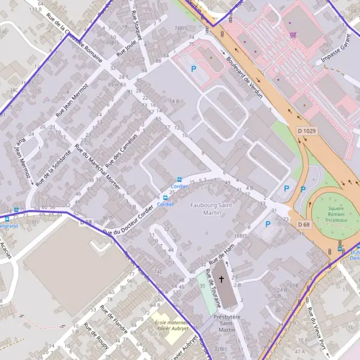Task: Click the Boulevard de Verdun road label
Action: click(244, 76)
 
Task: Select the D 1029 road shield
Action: click(306, 130)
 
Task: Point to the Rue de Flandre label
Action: click(114, 320)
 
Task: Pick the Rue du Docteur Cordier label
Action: click(128, 221)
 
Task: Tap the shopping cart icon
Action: click(292, 35)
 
